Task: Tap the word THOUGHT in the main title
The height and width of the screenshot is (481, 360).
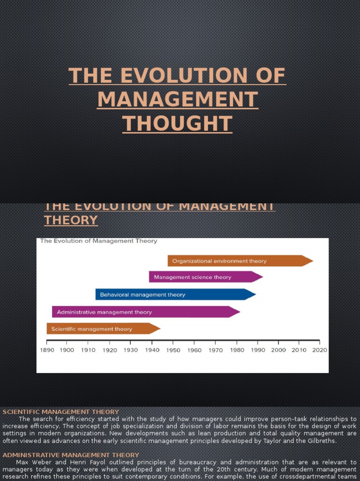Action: (177, 124)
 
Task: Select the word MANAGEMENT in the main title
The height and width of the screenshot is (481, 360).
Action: (177, 100)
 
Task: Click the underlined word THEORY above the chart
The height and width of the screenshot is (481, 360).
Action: (71, 220)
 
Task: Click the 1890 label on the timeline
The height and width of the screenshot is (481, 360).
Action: (47, 350)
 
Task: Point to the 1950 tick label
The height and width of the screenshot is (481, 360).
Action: (173, 350)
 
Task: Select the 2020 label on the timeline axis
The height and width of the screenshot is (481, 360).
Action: (320, 350)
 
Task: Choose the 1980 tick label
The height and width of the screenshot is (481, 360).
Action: (237, 350)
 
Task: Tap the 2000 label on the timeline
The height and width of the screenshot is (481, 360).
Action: (278, 350)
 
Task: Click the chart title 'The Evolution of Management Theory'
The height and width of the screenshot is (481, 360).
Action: (99, 241)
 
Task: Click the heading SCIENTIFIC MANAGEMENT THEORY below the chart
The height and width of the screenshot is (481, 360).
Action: (61, 412)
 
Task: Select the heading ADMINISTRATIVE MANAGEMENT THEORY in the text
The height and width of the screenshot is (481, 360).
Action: (71, 455)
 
